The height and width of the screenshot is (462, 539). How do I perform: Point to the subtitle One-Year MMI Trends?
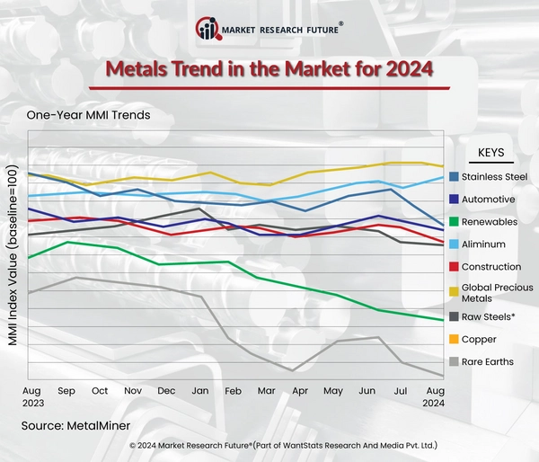(88, 115)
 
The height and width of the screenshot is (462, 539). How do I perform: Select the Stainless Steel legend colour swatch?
(454, 176)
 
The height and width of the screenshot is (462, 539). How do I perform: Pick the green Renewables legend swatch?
(454, 222)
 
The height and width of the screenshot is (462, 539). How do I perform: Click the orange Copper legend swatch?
(454, 340)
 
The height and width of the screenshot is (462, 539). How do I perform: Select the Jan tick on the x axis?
(200, 392)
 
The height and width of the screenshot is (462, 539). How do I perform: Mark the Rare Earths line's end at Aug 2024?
(441, 376)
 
